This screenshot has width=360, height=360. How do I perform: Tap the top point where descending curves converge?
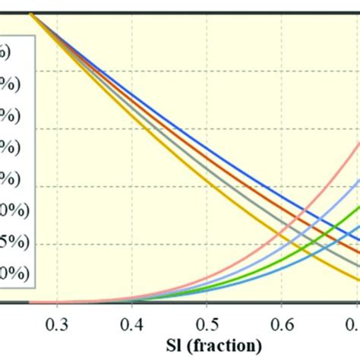tap(32, 14)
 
